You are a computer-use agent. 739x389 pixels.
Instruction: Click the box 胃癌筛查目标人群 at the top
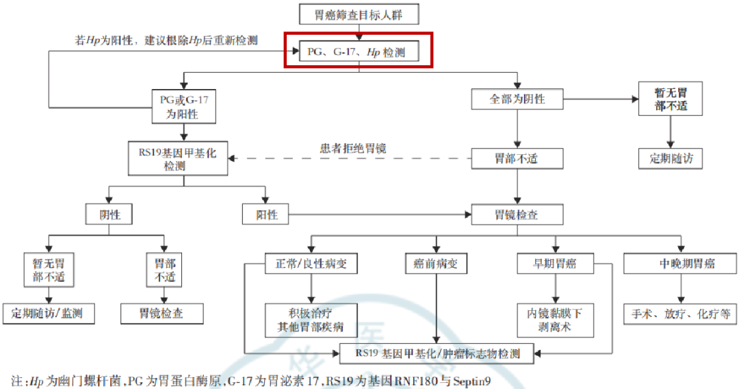[358, 15]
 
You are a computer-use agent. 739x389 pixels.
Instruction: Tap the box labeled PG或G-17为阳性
[183, 107]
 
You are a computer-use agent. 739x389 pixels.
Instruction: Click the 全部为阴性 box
[517, 99]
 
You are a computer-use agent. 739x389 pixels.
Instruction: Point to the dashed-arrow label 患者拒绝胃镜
[354, 147]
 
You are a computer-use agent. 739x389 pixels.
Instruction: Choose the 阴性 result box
[109, 214]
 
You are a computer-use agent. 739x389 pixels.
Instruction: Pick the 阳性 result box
[267, 214]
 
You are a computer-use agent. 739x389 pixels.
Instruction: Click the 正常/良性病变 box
[311, 263]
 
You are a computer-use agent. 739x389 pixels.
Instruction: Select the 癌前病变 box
[436, 263]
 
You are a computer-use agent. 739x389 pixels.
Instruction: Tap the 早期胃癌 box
[555, 263]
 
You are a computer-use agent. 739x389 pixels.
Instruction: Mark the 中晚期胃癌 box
[678, 263]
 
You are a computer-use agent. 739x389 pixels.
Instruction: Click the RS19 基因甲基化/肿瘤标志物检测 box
[438, 353]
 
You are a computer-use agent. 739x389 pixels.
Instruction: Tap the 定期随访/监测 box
[49, 314]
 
